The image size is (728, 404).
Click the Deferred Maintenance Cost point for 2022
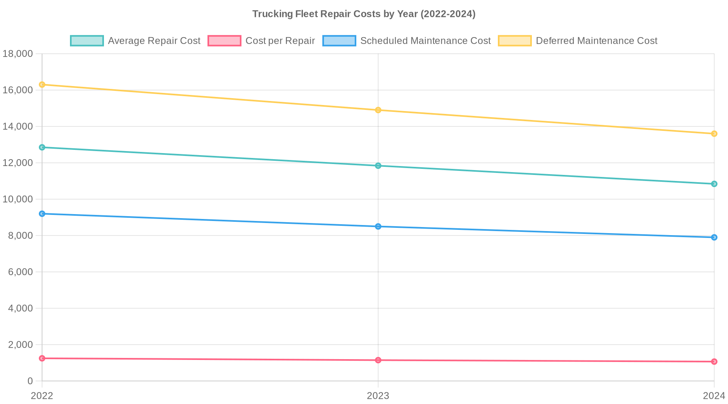(x=42, y=84)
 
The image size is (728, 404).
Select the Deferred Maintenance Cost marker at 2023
(x=378, y=110)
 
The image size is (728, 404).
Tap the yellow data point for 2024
(x=714, y=134)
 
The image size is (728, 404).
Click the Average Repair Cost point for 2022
(x=42, y=147)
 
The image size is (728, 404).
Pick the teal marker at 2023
(x=378, y=166)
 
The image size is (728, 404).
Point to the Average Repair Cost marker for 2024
(x=714, y=184)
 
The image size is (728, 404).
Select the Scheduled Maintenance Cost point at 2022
(x=42, y=214)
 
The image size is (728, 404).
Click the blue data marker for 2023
(x=378, y=226)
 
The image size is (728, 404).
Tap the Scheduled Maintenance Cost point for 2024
(x=714, y=237)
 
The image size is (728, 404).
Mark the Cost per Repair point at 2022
(x=42, y=358)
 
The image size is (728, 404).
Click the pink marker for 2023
(x=378, y=360)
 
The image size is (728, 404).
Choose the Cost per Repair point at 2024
(x=714, y=362)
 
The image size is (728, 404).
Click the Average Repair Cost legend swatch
(x=87, y=41)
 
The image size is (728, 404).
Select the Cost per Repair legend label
(x=280, y=41)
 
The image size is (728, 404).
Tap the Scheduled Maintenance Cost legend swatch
(x=339, y=41)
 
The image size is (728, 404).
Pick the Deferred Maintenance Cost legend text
(x=596, y=41)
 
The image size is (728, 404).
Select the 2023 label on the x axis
(x=378, y=396)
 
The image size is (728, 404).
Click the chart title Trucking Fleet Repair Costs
(x=364, y=14)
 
